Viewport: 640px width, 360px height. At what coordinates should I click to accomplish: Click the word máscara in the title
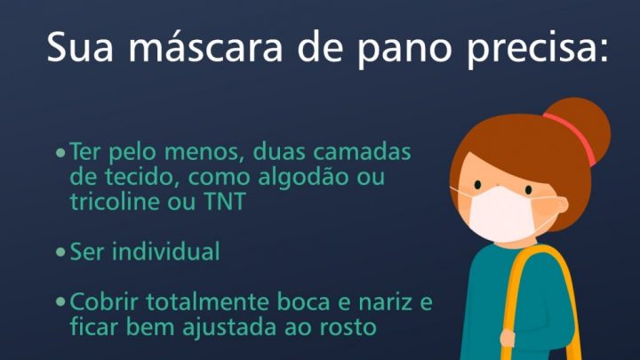pyautogui.click(x=205, y=46)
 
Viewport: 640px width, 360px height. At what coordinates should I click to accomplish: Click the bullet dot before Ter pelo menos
pyautogui.click(x=60, y=153)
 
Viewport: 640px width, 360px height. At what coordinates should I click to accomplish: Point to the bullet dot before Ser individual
pyautogui.click(x=60, y=252)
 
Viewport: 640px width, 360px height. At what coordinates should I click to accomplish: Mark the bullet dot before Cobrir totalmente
pyautogui.click(x=60, y=302)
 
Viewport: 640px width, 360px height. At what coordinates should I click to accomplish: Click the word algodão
pyautogui.click(x=304, y=178)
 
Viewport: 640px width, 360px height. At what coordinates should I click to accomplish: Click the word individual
pyautogui.click(x=166, y=251)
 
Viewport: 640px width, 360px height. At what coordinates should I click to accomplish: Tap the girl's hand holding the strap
pyautogui.click(x=508, y=338)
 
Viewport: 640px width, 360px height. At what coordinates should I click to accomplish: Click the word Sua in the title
pyautogui.click(x=80, y=46)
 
